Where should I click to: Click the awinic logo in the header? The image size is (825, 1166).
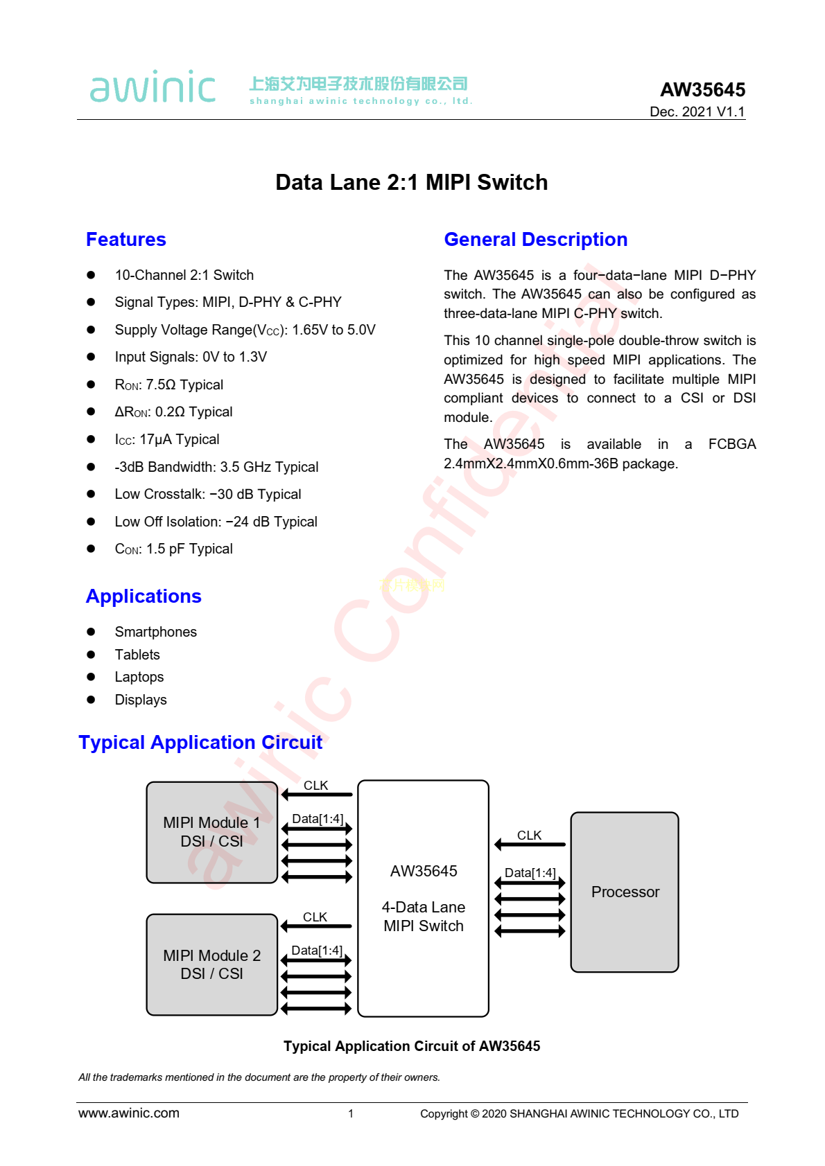coord(153,87)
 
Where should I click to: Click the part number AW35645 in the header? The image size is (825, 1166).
coord(702,89)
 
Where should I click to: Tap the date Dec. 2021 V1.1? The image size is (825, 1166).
coord(697,112)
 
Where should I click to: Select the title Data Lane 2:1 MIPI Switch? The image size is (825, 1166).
coord(412,182)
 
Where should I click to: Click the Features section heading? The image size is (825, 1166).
coord(126,240)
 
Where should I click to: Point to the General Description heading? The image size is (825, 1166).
coord(535,240)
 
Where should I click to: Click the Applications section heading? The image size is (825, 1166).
coord(144,597)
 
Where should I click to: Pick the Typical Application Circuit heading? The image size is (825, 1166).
coord(200,743)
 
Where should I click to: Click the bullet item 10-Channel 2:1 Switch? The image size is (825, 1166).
coord(184,275)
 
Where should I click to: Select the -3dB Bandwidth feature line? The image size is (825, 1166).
coord(216,467)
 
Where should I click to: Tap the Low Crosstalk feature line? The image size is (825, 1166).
coord(208,494)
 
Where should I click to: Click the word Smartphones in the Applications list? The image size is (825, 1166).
coord(156,632)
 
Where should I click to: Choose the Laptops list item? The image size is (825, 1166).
coord(139,677)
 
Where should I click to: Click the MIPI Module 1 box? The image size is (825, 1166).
coord(212,832)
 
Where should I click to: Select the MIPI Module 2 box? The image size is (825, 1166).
coord(212,964)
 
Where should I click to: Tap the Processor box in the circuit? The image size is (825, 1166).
coord(625,892)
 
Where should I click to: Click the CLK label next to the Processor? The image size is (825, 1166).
coord(529,836)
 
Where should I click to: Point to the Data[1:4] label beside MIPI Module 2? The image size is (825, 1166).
coord(317,951)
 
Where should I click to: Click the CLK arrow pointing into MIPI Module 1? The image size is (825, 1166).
coord(317,795)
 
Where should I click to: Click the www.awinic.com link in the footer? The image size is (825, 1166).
coord(129,1113)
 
